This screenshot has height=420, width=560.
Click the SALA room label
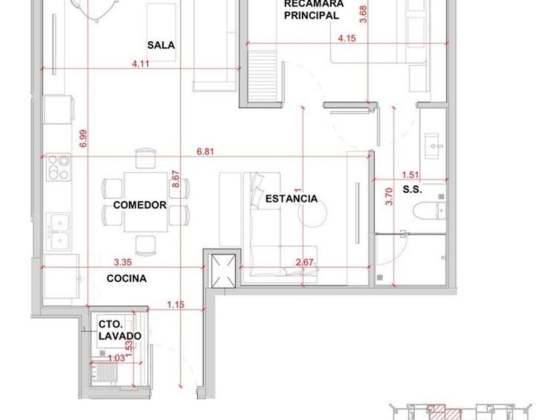pos(161,45)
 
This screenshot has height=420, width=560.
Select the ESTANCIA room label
pos(291,199)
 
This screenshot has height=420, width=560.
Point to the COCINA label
pos(127,279)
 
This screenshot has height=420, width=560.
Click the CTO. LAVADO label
pos(119,330)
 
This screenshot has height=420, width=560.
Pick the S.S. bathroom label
pos(413,189)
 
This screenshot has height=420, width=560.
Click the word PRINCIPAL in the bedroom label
pos(311,15)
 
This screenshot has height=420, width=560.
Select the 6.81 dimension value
pos(205,151)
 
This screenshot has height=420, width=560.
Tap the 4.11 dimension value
pos(141,64)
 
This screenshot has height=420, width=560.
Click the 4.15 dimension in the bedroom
pos(347,38)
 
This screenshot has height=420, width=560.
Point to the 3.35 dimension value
pos(123,262)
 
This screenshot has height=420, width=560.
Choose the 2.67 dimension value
pos(305,262)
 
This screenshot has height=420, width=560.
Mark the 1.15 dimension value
pos(176,305)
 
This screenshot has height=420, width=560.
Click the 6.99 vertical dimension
pos(83,139)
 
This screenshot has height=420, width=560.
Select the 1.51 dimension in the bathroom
pos(411,175)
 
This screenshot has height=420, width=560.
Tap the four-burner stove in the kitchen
pos(59,167)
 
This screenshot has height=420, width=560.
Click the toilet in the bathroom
pos(429,210)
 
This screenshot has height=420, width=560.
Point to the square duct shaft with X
pos(223,271)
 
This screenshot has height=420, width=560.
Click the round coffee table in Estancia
pos(312,213)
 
